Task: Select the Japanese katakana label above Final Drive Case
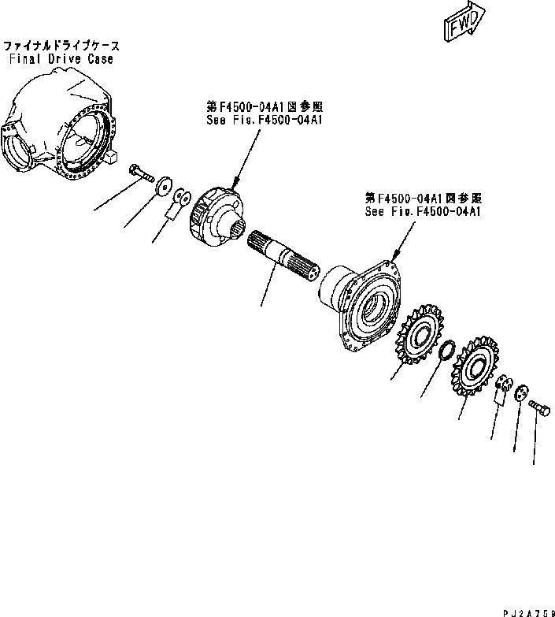pyautogui.click(x=61, y=46)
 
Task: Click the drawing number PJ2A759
pyautogui.click(x=527, y=609)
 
